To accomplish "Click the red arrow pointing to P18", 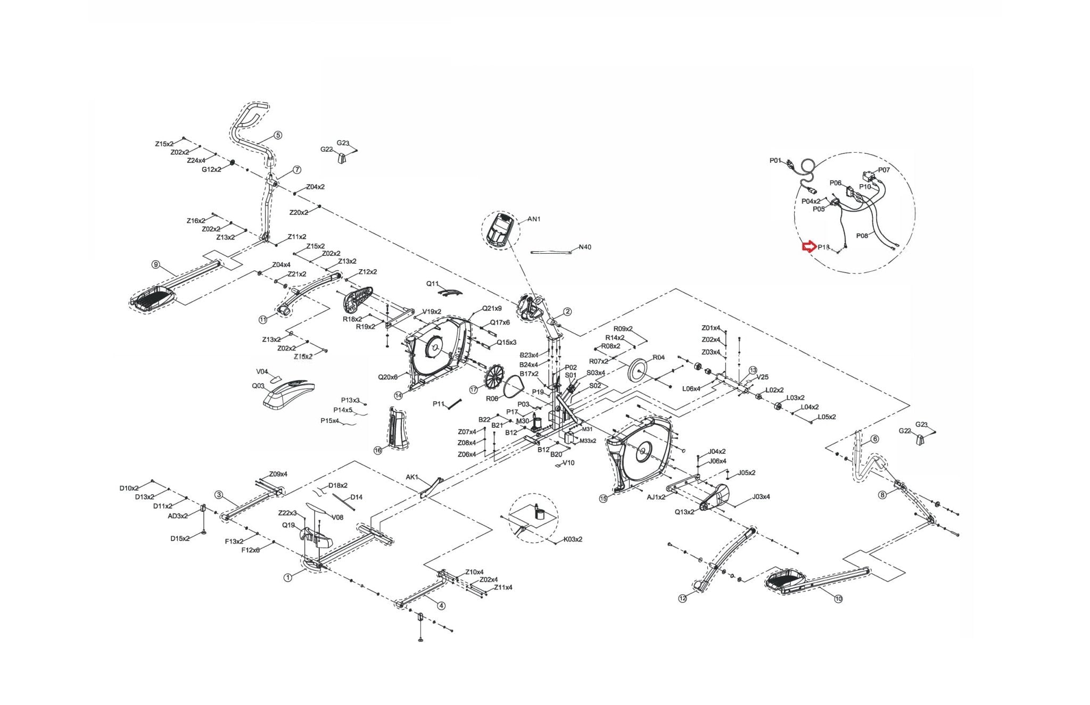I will (809, 246).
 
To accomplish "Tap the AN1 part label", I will (534, 219).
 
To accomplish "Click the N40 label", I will (584, 247).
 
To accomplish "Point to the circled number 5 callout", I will (278, 135).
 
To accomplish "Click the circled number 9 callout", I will (155, 264).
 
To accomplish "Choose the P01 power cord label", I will (775, 160).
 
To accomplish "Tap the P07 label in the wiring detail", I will (883, 170).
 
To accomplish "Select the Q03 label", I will (258, 386).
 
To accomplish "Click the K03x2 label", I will (573, 539).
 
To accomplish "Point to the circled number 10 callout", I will (838, 599).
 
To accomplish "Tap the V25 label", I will (763, 377).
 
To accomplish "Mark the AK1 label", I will (412, 477).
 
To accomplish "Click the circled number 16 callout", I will (378, 450).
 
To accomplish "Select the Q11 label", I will (433, 284).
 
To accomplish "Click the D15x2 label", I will (180, 538).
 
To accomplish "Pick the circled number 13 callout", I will (753, 370).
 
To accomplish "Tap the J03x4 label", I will (761, 497).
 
